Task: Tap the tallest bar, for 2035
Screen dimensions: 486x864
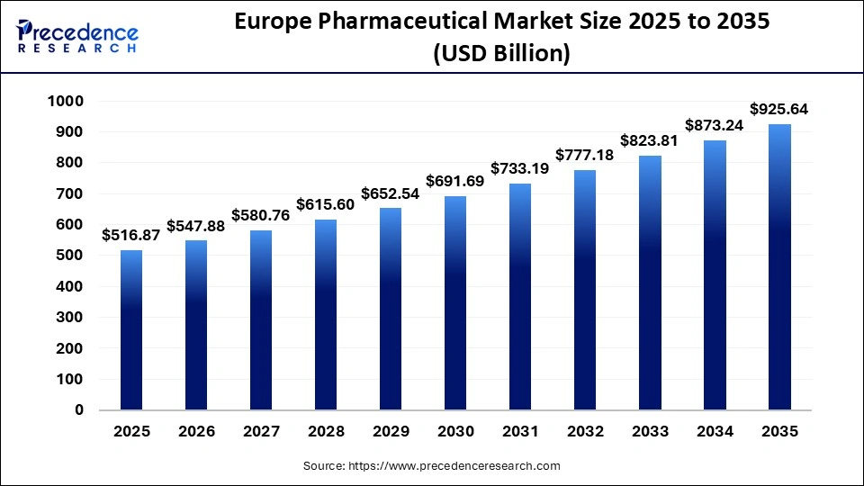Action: tap(779, 266)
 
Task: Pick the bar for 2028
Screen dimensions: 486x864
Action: tap(326, 314)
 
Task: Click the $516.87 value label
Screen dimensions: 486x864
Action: tap(131, 236)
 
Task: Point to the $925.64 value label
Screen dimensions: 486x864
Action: tap(779, 110)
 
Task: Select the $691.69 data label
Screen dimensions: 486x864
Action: tap(454, 182)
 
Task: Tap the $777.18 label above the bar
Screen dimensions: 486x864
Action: tap(585, 156)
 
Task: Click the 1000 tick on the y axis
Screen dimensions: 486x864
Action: tap(66, 102)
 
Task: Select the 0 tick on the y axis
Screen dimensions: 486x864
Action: tap(79, 410)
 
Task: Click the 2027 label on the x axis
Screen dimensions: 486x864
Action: tap(261, 432)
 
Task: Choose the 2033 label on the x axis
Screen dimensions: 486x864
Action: tap(650, 432)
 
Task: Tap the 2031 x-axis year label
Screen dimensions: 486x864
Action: tap(520, 432)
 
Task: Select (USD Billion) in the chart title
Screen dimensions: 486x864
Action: tap(501, 54)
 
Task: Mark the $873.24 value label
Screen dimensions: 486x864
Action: tap(715, 126)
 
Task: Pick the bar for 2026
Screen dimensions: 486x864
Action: tap(196, 325)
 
